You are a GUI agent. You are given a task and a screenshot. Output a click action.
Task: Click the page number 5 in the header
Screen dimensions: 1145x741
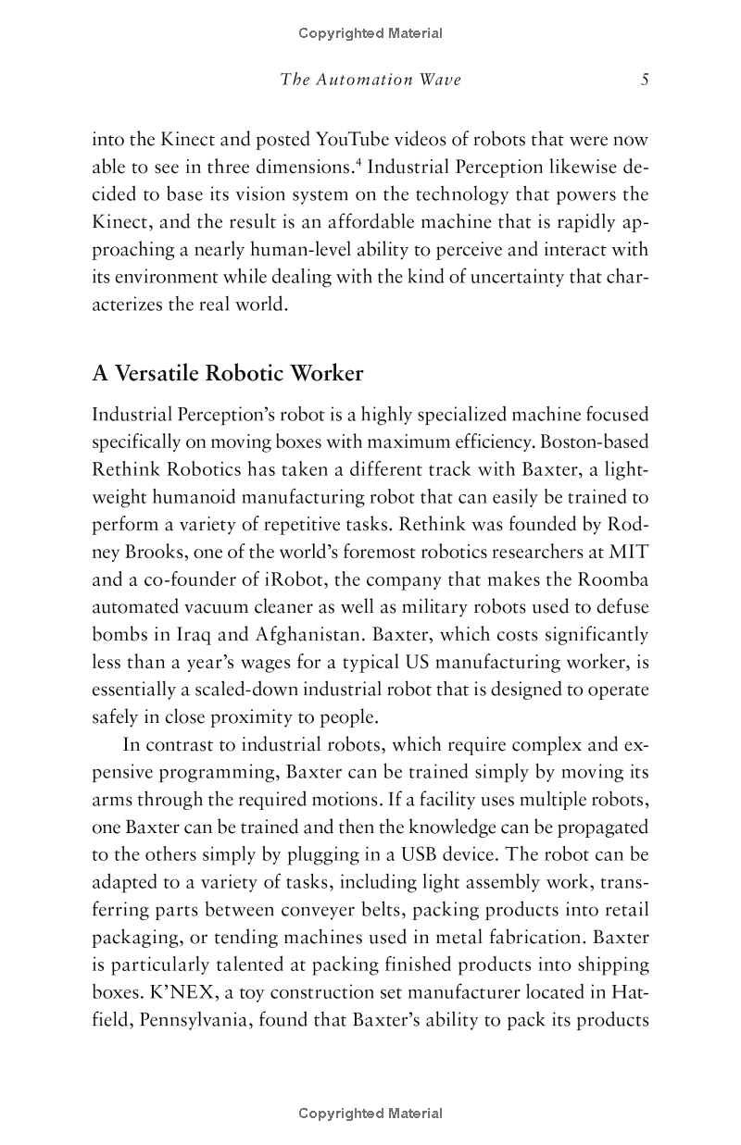[644, 80]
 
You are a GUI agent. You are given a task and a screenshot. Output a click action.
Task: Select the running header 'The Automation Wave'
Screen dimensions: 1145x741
[370, 80]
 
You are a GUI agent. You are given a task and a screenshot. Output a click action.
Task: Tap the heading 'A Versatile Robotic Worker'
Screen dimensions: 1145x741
[228, 374]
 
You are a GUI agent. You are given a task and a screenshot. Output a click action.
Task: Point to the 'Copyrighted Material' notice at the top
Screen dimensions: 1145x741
[370, 33]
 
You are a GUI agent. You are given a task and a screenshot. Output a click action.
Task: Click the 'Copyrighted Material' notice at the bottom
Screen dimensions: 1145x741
[370, 1114]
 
